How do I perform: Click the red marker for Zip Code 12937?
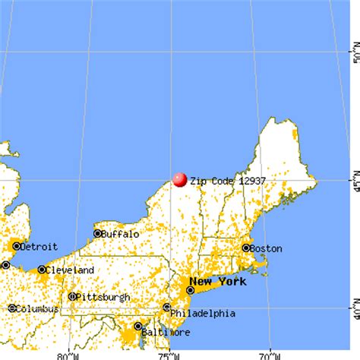point(180,179)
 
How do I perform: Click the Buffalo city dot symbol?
point(98,234)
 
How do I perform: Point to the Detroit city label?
point(39,246)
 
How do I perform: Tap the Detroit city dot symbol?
point(16,246)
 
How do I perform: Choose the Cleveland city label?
point(69,270)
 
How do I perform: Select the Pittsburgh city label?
point(100,296)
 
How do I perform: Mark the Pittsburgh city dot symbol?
point(72,296)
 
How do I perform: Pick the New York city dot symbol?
point(191,289)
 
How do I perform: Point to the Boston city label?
point(268,248)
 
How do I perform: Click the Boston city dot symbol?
point(246,248)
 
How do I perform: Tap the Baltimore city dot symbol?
point(137,326)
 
